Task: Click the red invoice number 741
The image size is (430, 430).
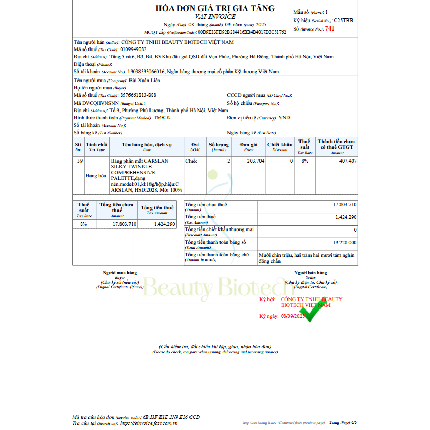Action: coord(329,28)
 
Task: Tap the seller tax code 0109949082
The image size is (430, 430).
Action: coord(133,49)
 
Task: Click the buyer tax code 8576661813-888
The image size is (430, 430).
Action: coord(138,95)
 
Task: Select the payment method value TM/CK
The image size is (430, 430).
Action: coord(162,118)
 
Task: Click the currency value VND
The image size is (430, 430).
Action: coord(285,118)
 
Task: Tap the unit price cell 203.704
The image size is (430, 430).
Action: coord(255,161)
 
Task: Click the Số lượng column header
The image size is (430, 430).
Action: coord(218,146)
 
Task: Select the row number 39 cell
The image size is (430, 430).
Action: coord(79,161)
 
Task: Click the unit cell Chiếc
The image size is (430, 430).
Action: coord(192,161)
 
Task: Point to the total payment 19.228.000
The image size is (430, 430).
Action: coord(344,243)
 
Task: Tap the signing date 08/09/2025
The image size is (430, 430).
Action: coord(293,316)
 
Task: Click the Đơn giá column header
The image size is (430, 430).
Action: coord(248,146)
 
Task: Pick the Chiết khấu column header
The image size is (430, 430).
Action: coord(279,146)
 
